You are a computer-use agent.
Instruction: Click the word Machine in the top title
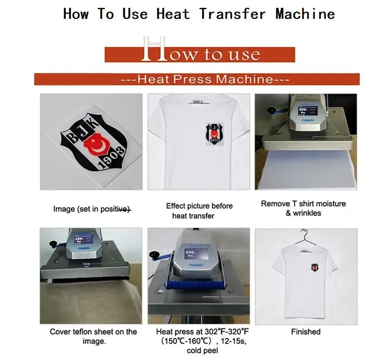(x=305, y=13)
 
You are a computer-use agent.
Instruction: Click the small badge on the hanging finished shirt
(x=313, y=267)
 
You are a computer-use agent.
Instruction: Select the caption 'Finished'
(x=306, y=332)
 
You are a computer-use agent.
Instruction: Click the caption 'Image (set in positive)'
(x=92, y=209)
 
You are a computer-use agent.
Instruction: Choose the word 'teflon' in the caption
(x=85, y=332)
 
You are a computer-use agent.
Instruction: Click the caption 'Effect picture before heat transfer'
(x=199, y=211)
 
